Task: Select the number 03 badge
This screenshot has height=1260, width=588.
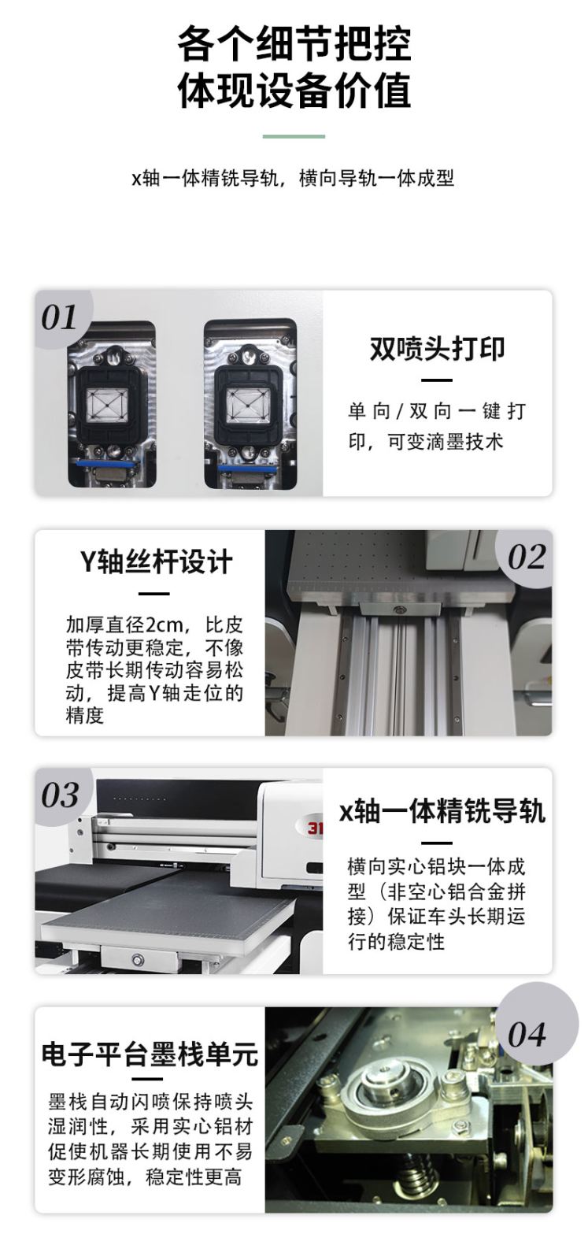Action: (x=60, y=795)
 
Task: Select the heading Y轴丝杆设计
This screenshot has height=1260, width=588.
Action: (x=155, y=561)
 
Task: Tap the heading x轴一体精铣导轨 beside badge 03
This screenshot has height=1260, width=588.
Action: (x=442, y=812)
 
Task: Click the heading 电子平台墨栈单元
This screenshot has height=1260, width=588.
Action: (x=150, y=1054)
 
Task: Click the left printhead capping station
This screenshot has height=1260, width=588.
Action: (x=110, y=402)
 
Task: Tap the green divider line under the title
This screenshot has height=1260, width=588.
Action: (x=294, y=136)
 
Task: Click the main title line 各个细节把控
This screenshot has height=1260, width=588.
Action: (x=294, y=44)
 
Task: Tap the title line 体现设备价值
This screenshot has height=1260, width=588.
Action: (x=294, y=91)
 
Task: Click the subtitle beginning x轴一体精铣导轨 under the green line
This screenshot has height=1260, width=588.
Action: (x=293, y=178)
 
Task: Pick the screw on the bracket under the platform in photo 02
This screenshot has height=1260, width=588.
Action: (x=400, y=610)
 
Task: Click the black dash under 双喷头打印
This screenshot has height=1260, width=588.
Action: (x=437, y=380)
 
